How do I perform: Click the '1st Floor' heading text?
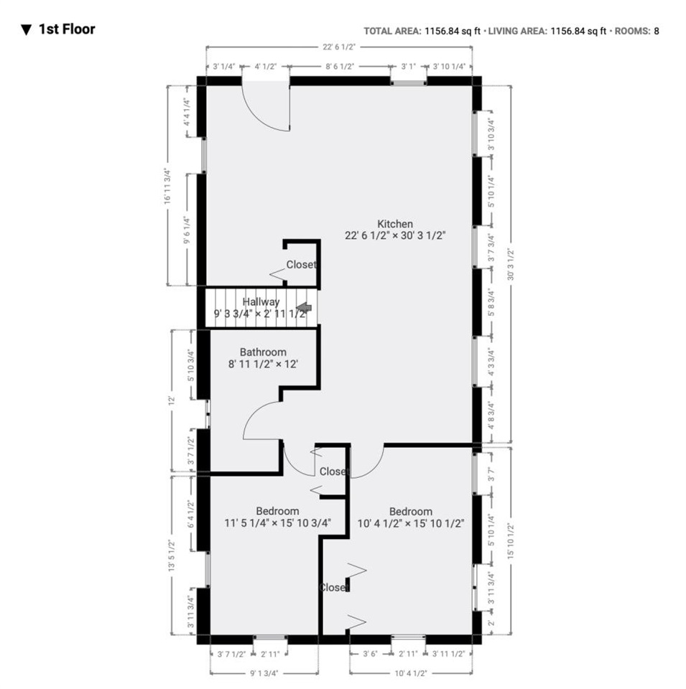pyautogui.click(x=67, y=29)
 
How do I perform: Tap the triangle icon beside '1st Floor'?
pyautogui.click(x=27, y=30)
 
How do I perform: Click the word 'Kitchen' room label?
pyautogui.click(x=395, y=224)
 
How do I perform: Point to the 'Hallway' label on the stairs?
pyautogui.click(x=261, y=302)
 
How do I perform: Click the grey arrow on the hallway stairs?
pyautogui.click(x=304, y=308)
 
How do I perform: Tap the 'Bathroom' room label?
pyautogui.click(x=263, y=352)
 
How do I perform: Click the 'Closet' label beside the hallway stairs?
pyautogui.click(x=300, y=265)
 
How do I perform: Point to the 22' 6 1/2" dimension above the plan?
pyautogui.click(x=338, y=47)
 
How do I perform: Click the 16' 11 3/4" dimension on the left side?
pyautogui.click(x=167, y=187)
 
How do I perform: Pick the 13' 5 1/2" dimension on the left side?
pyautogui.click(x=172, y=556)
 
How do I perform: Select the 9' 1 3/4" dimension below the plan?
pyautogui.click(x=264, y=673)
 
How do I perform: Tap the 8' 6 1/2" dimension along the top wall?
pyautogui.click(x=340, y=66)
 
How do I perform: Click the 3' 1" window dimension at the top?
pyautogui.click(x=408, y=66)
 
